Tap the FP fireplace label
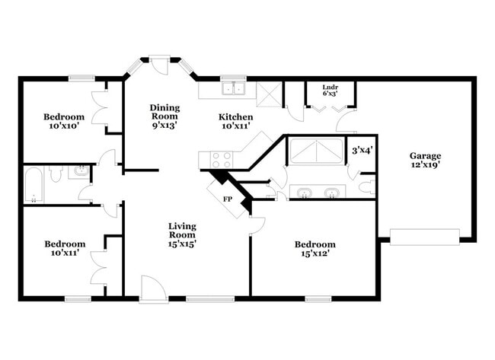click(x=227, y=199)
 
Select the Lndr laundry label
click(x=330, y=87)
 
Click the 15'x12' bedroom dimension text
click(x=315, y=254)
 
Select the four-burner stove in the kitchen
click(x=221, y=160)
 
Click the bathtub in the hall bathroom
click(x=34, y=185)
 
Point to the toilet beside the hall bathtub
click(x=56, y=174)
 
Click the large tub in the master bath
click(x=317, y=152)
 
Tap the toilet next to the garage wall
click(x=366, y=186)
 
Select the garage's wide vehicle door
click(x=425, y=237)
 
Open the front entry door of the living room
click(x=154, y=290)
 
